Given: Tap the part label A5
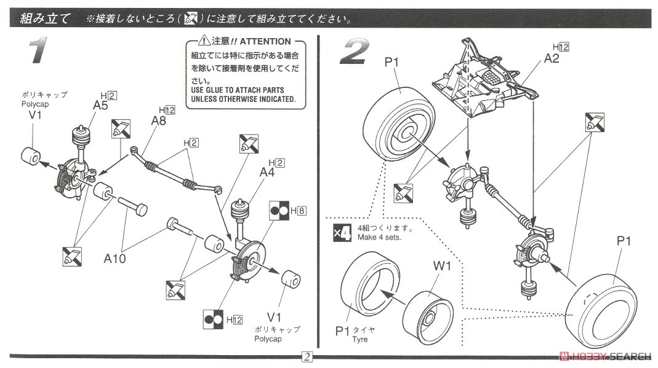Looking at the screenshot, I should pos(101,105).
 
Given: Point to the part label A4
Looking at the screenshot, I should pos(268,173).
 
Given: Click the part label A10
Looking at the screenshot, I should pos(114,258).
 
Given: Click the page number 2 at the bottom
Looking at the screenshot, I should pos(306,357).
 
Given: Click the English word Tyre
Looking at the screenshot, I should pos(361,339).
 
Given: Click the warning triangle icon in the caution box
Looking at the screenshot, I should pos(204,41).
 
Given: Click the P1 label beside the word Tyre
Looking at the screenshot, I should pos(343,332).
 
